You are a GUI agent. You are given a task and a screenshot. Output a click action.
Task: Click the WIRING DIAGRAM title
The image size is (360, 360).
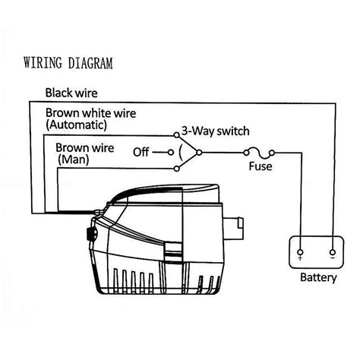coord(68,63)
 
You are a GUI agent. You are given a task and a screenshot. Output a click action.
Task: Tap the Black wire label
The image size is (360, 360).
coord(71,93)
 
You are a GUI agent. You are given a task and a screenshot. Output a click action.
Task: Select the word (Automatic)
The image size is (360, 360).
coord(76,125)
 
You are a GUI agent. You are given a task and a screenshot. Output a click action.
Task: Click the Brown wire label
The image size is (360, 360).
coord(85,148)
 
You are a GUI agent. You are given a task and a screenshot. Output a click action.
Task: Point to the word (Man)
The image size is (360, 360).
coord(74,159)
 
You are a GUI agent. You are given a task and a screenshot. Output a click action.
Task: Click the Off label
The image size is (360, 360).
coord(141,152)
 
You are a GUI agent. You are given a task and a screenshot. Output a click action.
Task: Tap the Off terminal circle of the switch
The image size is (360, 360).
coord(171,153)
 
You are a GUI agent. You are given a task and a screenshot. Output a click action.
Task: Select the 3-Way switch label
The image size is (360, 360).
coord(216,131)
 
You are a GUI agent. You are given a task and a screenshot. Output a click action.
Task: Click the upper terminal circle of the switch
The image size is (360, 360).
coord(176,135)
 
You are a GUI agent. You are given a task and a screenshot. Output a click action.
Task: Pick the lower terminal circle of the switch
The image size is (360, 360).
coord(177,169)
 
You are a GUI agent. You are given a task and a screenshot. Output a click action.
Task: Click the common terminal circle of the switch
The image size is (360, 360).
coord(199,153)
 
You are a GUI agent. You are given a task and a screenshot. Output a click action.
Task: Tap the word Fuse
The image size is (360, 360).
coord(261,166)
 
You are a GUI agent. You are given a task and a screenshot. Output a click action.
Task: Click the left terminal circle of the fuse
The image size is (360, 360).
coord(246,153)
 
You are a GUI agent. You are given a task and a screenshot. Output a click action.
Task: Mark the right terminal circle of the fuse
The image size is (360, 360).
coord(272,153)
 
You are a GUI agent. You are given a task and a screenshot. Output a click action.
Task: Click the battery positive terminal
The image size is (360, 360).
coord(300,252)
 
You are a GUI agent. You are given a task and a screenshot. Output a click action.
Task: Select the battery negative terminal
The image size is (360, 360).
coord(333,252)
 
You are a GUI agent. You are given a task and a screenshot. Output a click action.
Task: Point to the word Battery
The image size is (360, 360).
coord(318,277)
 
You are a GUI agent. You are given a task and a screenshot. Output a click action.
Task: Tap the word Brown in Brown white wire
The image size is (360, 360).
coord(62,113)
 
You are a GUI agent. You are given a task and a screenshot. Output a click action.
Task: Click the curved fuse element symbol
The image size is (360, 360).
coord(259,152)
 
